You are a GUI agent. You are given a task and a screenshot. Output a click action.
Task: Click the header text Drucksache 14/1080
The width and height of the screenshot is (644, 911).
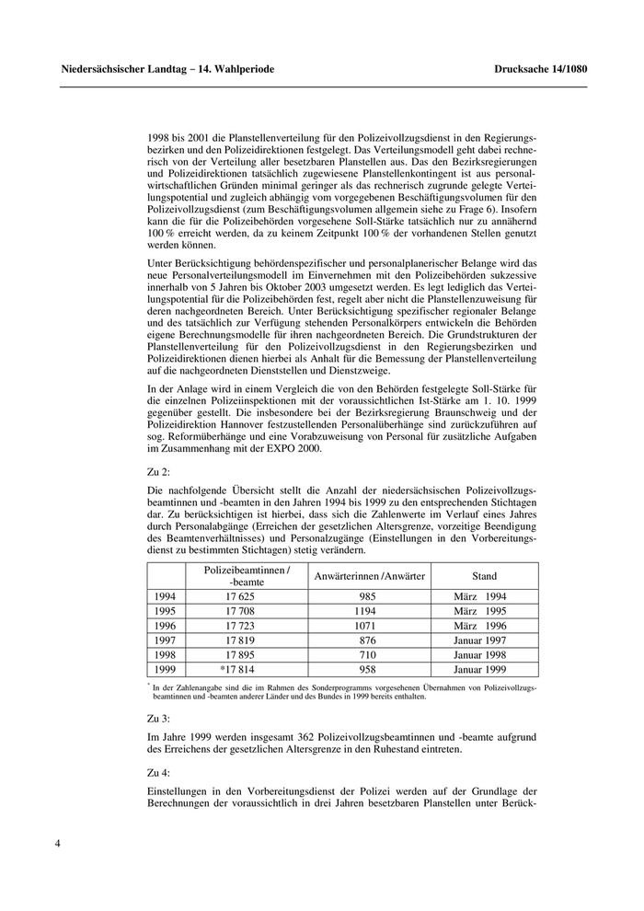[540, 69]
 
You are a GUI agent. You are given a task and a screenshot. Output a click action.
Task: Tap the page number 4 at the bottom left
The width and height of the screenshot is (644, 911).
[58, 841]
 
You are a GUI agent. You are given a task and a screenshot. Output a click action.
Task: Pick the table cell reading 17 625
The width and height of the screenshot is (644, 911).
[246, 596]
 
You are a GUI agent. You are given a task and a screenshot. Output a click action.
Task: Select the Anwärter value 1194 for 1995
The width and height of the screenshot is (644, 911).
[369, 611]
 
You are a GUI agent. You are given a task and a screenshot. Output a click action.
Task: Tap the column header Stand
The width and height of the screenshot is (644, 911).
[484, 576]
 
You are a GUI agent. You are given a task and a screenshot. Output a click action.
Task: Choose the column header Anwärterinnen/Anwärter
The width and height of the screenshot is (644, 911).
[369, 576]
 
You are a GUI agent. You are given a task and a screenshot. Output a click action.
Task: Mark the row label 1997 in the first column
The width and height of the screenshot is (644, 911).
[167, 640]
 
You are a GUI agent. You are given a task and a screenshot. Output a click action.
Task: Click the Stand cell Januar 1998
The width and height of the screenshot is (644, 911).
[485, 654]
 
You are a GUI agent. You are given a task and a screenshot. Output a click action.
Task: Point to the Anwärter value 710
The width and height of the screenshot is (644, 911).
[369, 654]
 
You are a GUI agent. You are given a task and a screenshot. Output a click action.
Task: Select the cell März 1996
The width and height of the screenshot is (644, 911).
[485, 625]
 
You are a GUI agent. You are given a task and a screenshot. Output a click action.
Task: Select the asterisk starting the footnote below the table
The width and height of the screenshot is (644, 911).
[148, 685]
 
